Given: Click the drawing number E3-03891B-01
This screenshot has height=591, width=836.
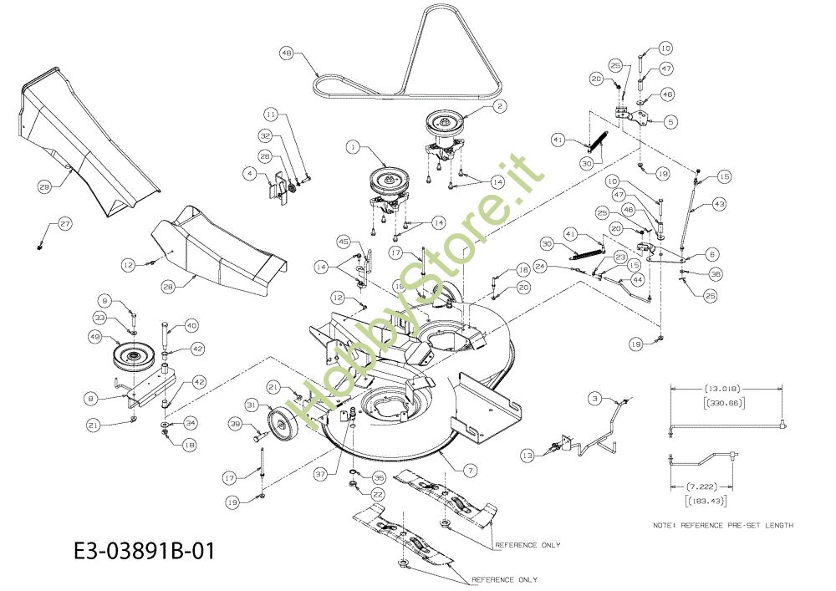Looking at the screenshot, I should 144,552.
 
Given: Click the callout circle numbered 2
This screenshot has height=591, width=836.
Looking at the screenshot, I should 499,106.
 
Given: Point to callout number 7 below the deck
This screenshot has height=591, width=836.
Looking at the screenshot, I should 471,471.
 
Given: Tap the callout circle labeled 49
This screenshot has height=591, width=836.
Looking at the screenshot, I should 94,337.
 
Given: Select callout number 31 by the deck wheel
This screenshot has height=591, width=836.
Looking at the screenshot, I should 251,405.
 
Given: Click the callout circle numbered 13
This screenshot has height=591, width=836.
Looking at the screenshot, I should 526,456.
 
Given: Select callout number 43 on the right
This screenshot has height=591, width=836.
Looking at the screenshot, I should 719,203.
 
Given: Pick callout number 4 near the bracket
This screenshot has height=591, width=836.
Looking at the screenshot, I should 249,174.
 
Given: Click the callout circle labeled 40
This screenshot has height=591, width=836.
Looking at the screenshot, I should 191,325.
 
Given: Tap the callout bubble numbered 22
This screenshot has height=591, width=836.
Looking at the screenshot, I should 377,494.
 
